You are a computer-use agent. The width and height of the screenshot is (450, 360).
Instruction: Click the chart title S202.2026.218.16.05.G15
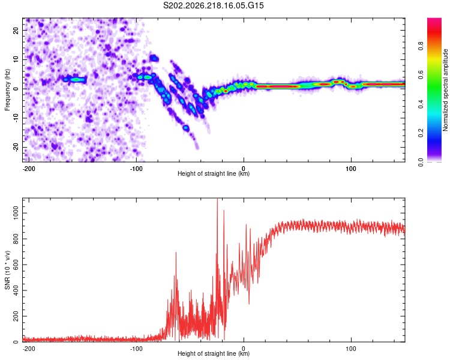(x=213, y=5)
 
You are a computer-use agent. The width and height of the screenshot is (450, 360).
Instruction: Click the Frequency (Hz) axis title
(x=7, y=90)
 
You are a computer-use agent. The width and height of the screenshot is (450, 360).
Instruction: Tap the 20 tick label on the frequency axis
(x=16, y=30)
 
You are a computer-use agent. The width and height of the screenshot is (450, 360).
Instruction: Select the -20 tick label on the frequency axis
(x=16, y=147)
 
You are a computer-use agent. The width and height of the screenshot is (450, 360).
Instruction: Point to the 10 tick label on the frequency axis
(x=16, y=59)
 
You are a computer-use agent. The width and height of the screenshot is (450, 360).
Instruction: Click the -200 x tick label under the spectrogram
(x=28, y=169)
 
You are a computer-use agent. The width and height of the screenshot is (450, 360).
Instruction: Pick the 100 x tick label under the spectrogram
(x=351, y=169)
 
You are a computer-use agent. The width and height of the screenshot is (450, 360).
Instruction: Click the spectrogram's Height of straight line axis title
(x=214, y=173)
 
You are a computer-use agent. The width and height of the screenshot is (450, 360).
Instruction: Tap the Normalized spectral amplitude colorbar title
(x=445, y=90)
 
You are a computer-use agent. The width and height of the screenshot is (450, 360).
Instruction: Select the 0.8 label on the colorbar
(x=421, y=46)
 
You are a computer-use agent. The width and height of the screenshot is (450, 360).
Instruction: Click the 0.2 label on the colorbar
(x=421, y=133)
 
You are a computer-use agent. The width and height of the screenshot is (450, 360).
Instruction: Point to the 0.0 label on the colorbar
(x=421, y=162)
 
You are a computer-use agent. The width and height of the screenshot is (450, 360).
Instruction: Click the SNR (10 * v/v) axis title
(x=7, y=270)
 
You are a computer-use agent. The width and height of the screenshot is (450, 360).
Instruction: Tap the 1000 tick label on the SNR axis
(x=16, y=214)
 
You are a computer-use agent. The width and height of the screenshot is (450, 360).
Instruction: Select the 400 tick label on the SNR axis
(x=16, y=290)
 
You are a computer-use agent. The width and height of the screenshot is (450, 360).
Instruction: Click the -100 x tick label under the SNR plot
(x=136, y=349)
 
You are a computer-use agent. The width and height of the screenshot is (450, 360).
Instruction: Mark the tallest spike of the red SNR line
(x=217, y=199)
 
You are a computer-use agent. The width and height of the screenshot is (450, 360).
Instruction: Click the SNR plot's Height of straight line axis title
(x=214, y=353)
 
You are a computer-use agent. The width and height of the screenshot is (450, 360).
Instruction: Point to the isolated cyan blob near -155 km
(x=76, y=80)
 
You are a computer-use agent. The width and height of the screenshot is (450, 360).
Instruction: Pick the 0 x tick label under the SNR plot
(x=244, y=349)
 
